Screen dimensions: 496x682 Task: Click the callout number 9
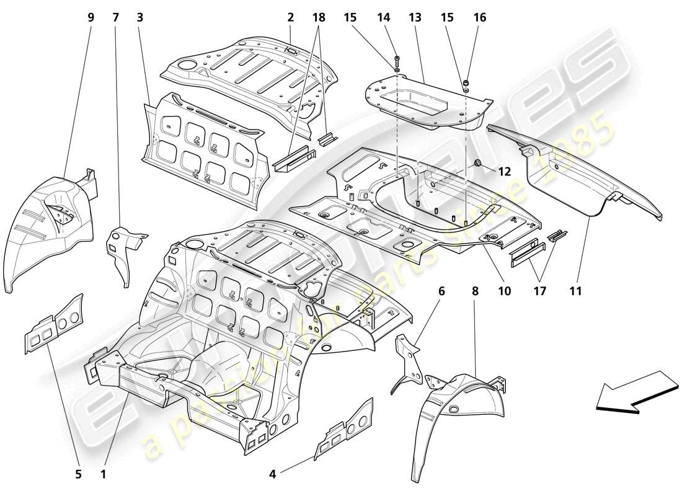(x=91, y=17)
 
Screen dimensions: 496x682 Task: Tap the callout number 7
(x=115, y=17)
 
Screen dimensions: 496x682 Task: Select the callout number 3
(x=140, y=17)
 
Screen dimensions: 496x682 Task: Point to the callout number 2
(x=290, y=17)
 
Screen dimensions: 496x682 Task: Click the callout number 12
(x=503, y=172)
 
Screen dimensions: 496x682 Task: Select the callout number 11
(x=577, y=290)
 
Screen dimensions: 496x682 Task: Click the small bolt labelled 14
(x=397, y=62)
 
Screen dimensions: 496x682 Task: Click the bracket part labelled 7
(x=127, y=248)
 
